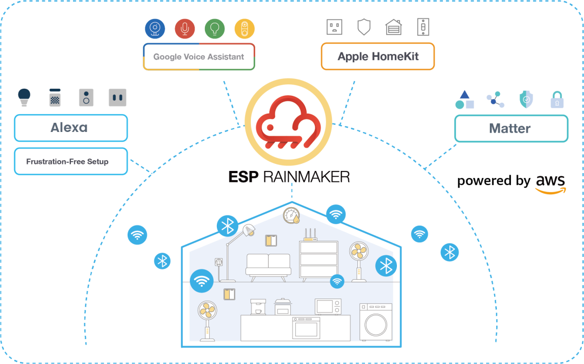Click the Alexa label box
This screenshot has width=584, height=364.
coord(71,128)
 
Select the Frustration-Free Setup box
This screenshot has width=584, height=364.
coord(71,161)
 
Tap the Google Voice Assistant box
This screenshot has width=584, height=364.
coord(199,57)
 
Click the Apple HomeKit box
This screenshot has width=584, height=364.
coord(377,56)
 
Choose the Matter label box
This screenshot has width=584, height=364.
coord(511,129)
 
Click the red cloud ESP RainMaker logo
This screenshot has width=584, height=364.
coord(288,122)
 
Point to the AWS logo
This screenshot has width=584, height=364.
coord(550,184)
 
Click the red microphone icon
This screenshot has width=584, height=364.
coord(185,29)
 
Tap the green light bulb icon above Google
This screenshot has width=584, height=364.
coord(215,29)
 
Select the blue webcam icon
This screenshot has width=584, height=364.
coord(155,29)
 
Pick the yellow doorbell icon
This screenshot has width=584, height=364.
coord(244,29)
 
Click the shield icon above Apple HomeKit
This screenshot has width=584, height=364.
coord(364,27)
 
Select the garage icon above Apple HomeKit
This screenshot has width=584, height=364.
coord(393,27)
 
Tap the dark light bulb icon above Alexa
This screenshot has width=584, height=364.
coord(24,97)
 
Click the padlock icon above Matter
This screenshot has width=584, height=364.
coord(557,100)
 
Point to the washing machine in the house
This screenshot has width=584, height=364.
coord(376,322)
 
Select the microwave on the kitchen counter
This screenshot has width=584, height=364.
coord(328,307)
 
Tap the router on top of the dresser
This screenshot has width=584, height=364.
coord(310,235)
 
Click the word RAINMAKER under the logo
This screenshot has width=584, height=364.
coord(307,177)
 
